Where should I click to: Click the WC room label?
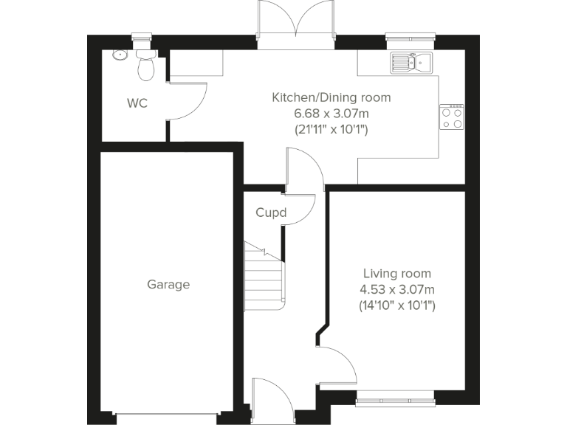point(137,103)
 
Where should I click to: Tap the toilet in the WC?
point(146,66)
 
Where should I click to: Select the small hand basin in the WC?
point(120,55)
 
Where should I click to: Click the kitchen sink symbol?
point(412,63)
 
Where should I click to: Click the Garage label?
point(168,284)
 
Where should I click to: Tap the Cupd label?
point(270,213)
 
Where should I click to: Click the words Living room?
point(397,273)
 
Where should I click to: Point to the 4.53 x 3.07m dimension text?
point(397,288)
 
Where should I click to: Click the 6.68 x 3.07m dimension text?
point(331,113)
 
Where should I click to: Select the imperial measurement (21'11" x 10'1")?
point(331,129)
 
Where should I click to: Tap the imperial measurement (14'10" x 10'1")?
point(397,304)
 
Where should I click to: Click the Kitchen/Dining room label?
point(331,97)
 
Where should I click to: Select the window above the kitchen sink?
point(411,37)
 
